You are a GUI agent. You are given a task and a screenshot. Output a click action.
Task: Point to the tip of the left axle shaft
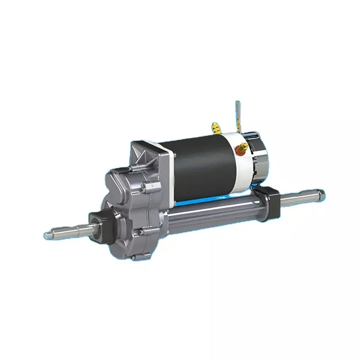pyautogui.click(x=49, y=234)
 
